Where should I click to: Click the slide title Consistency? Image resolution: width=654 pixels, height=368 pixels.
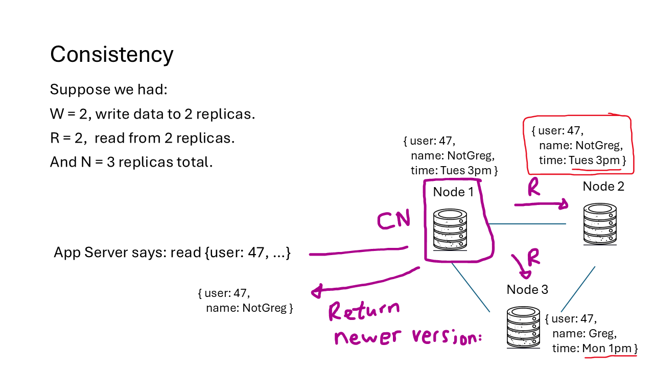point(111,54)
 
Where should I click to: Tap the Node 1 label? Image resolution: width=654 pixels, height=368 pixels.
point(453,192)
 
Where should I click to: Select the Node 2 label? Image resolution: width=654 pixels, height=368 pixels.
point(603,187)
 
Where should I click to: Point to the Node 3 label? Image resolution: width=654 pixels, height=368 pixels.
point(527,290)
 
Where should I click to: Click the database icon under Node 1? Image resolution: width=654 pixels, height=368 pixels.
point(450,229)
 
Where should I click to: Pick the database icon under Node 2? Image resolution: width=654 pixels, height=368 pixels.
point(600,224)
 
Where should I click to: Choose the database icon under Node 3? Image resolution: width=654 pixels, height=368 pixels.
point(523,327)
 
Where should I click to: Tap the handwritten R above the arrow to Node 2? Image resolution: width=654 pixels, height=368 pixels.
point(533,188)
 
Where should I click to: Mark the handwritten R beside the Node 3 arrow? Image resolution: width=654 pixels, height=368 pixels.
point(533,259)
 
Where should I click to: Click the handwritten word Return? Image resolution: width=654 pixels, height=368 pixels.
point(364,311)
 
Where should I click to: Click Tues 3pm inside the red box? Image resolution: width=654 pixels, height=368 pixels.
point(594,160)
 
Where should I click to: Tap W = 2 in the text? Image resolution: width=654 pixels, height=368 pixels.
point(71,114)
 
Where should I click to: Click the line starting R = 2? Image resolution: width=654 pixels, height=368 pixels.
point(142,138)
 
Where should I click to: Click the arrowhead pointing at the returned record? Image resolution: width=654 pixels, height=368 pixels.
point(316,292)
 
